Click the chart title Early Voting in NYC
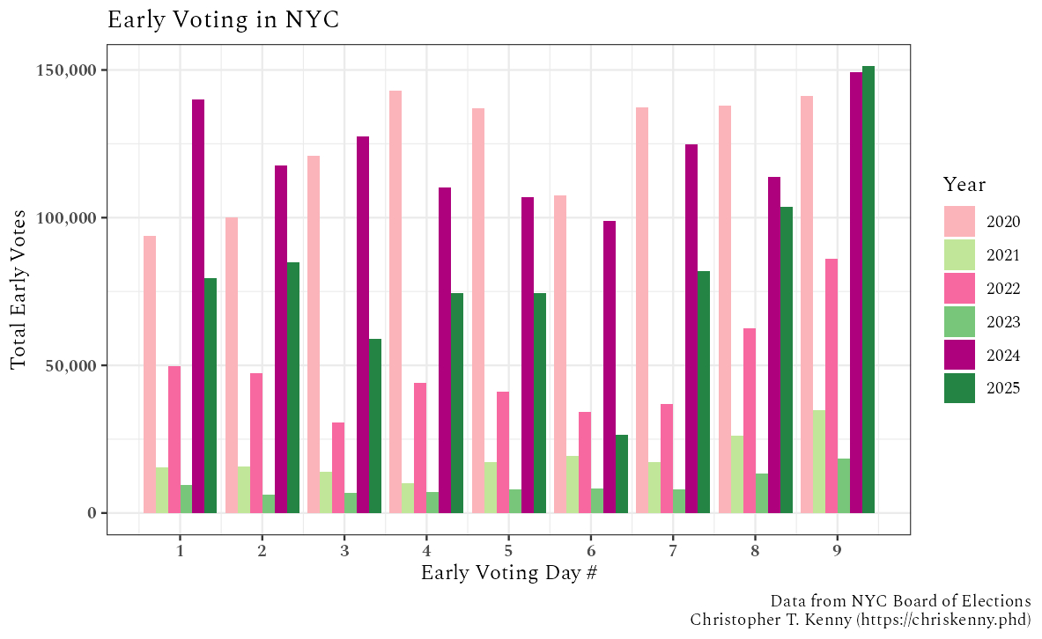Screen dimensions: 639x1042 (223, 19)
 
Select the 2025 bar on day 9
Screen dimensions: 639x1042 (868, 290)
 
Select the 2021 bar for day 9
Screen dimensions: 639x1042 (819, 461)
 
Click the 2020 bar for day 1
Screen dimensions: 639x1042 (150, 374)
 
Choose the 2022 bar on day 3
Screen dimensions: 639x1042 (338, 467)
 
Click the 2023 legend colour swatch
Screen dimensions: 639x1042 (959, 321)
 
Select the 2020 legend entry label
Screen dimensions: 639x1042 (1003, 221)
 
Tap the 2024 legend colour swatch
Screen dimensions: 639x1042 (959, 355)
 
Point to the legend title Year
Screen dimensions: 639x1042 (964, 185)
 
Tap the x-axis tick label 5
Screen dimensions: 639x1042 (509, 550)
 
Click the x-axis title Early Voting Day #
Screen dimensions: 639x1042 (509, 572)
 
